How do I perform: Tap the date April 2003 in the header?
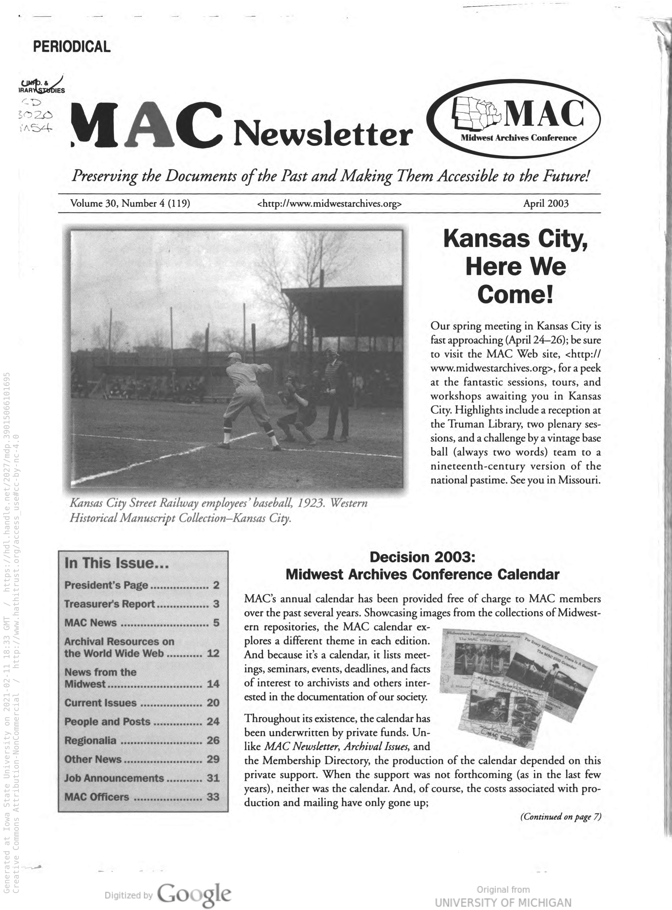[x=545, y=203]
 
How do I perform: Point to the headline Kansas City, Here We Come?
[x=515, y=267]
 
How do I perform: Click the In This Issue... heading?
[x=116, y=563]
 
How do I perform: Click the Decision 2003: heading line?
[x=422, y=557]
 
